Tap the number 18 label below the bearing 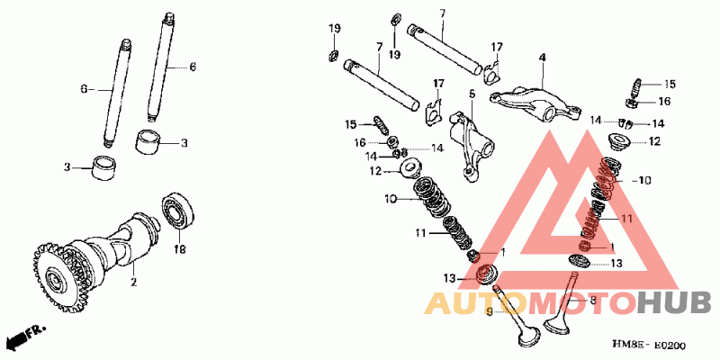178,249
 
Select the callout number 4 543,58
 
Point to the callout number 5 472,93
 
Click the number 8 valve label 592,301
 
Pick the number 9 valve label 490,311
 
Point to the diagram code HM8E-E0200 649,346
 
